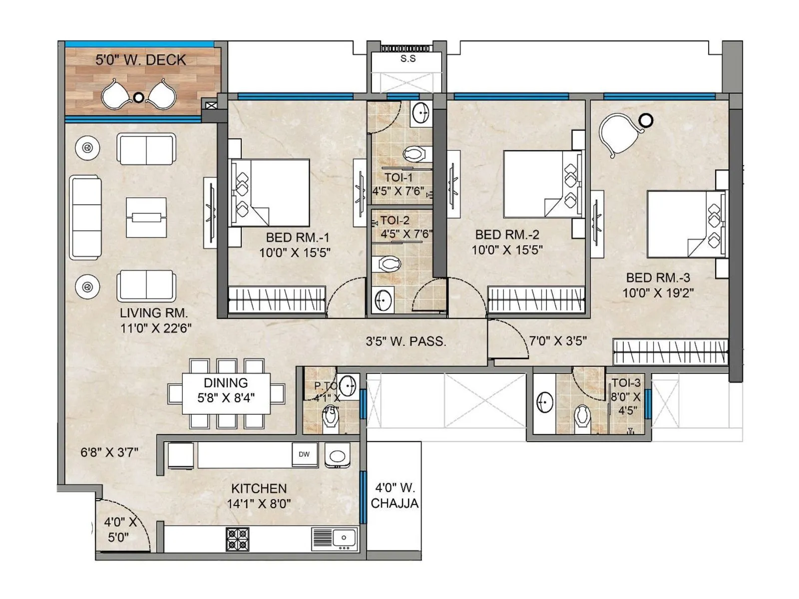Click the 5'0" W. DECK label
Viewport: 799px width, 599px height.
tap(140, 60)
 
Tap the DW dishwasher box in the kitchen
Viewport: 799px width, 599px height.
tap(304, 454)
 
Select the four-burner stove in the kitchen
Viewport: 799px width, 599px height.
tap(238, 539)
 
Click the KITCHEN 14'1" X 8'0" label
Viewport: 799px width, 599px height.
tap(259, 496)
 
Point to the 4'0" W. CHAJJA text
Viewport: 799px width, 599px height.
tap(395, 495)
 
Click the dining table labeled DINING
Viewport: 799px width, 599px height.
tap(226, 393)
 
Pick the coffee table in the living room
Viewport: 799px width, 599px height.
tap(146, 218)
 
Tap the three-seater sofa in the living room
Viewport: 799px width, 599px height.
tap(85, 217)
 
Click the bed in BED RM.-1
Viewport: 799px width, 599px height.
tap(270, 192)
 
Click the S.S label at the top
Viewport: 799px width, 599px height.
tap(408, 59)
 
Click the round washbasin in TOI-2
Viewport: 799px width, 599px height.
tap(383, 301)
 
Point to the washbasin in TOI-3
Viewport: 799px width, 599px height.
tap(545, 402)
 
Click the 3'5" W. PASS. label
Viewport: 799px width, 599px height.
tap(405, 341)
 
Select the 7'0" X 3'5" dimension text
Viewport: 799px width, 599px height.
tap(558, 341)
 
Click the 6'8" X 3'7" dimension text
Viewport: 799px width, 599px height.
tap(109, 452)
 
